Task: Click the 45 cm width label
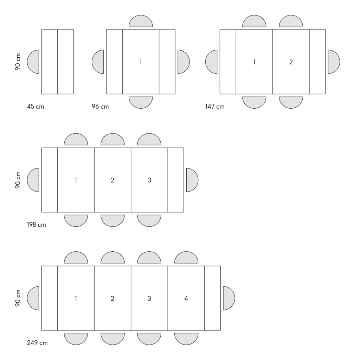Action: point(36,107)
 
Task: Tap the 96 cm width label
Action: point(100,107)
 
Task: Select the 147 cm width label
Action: point(215,107)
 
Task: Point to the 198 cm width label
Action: point(37,225)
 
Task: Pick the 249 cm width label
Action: point(37,343)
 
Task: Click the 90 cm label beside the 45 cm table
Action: point(18,62)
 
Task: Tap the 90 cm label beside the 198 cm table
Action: point(18,180)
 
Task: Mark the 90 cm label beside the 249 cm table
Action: point(18,298)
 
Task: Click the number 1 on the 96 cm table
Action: point(141,62)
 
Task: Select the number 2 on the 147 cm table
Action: point(291,62)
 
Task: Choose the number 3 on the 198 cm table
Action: point(149,180)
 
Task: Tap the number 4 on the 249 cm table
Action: point(186,298)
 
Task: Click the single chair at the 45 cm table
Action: point(33,62)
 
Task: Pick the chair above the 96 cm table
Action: point(141,21)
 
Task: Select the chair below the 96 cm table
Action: point(141,102)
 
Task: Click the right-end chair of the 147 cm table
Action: point(334,62)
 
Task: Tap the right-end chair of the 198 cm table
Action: point(192,180)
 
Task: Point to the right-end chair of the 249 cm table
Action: point(229,298)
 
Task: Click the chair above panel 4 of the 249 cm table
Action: point(186,257)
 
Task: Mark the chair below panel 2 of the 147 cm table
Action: point(291,102)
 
